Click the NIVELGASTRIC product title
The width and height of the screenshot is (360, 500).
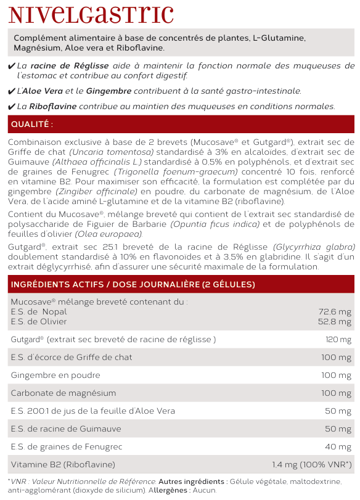click(x=91, y=14)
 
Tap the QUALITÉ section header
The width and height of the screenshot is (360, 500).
click(x=33, y=125)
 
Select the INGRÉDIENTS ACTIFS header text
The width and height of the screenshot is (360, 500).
click(x=133, y=284)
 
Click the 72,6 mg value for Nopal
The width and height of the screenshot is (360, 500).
click(x=335, y=312)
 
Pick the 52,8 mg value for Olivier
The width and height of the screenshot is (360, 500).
click(x=335, y=321)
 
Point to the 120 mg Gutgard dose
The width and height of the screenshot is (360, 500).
click(x=338, y=340)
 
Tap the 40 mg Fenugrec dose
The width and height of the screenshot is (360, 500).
click(x=340, y=447)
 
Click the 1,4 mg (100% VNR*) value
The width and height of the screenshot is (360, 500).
click(x=312, y=465)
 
